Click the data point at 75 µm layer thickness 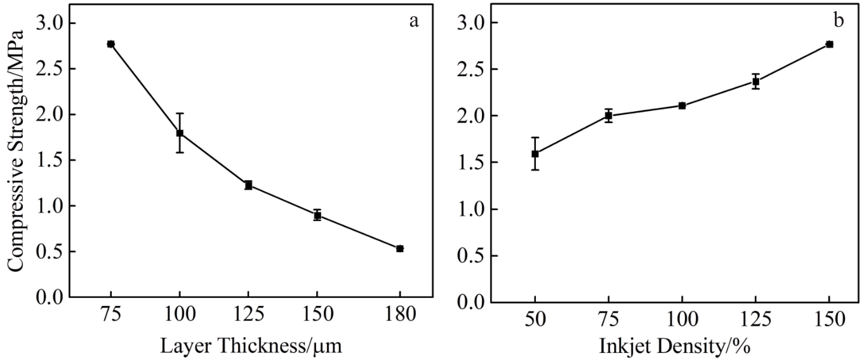click(110, 44)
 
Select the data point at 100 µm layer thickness click(180, 133)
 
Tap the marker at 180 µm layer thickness click(400, 249)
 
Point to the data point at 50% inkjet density click(535, 154)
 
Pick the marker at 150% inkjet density click(829, 44)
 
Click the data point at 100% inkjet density click(682, 105)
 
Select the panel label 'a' click(414, 22)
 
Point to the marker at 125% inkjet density click(755, 81)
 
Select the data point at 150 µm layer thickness click(317, 215)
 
